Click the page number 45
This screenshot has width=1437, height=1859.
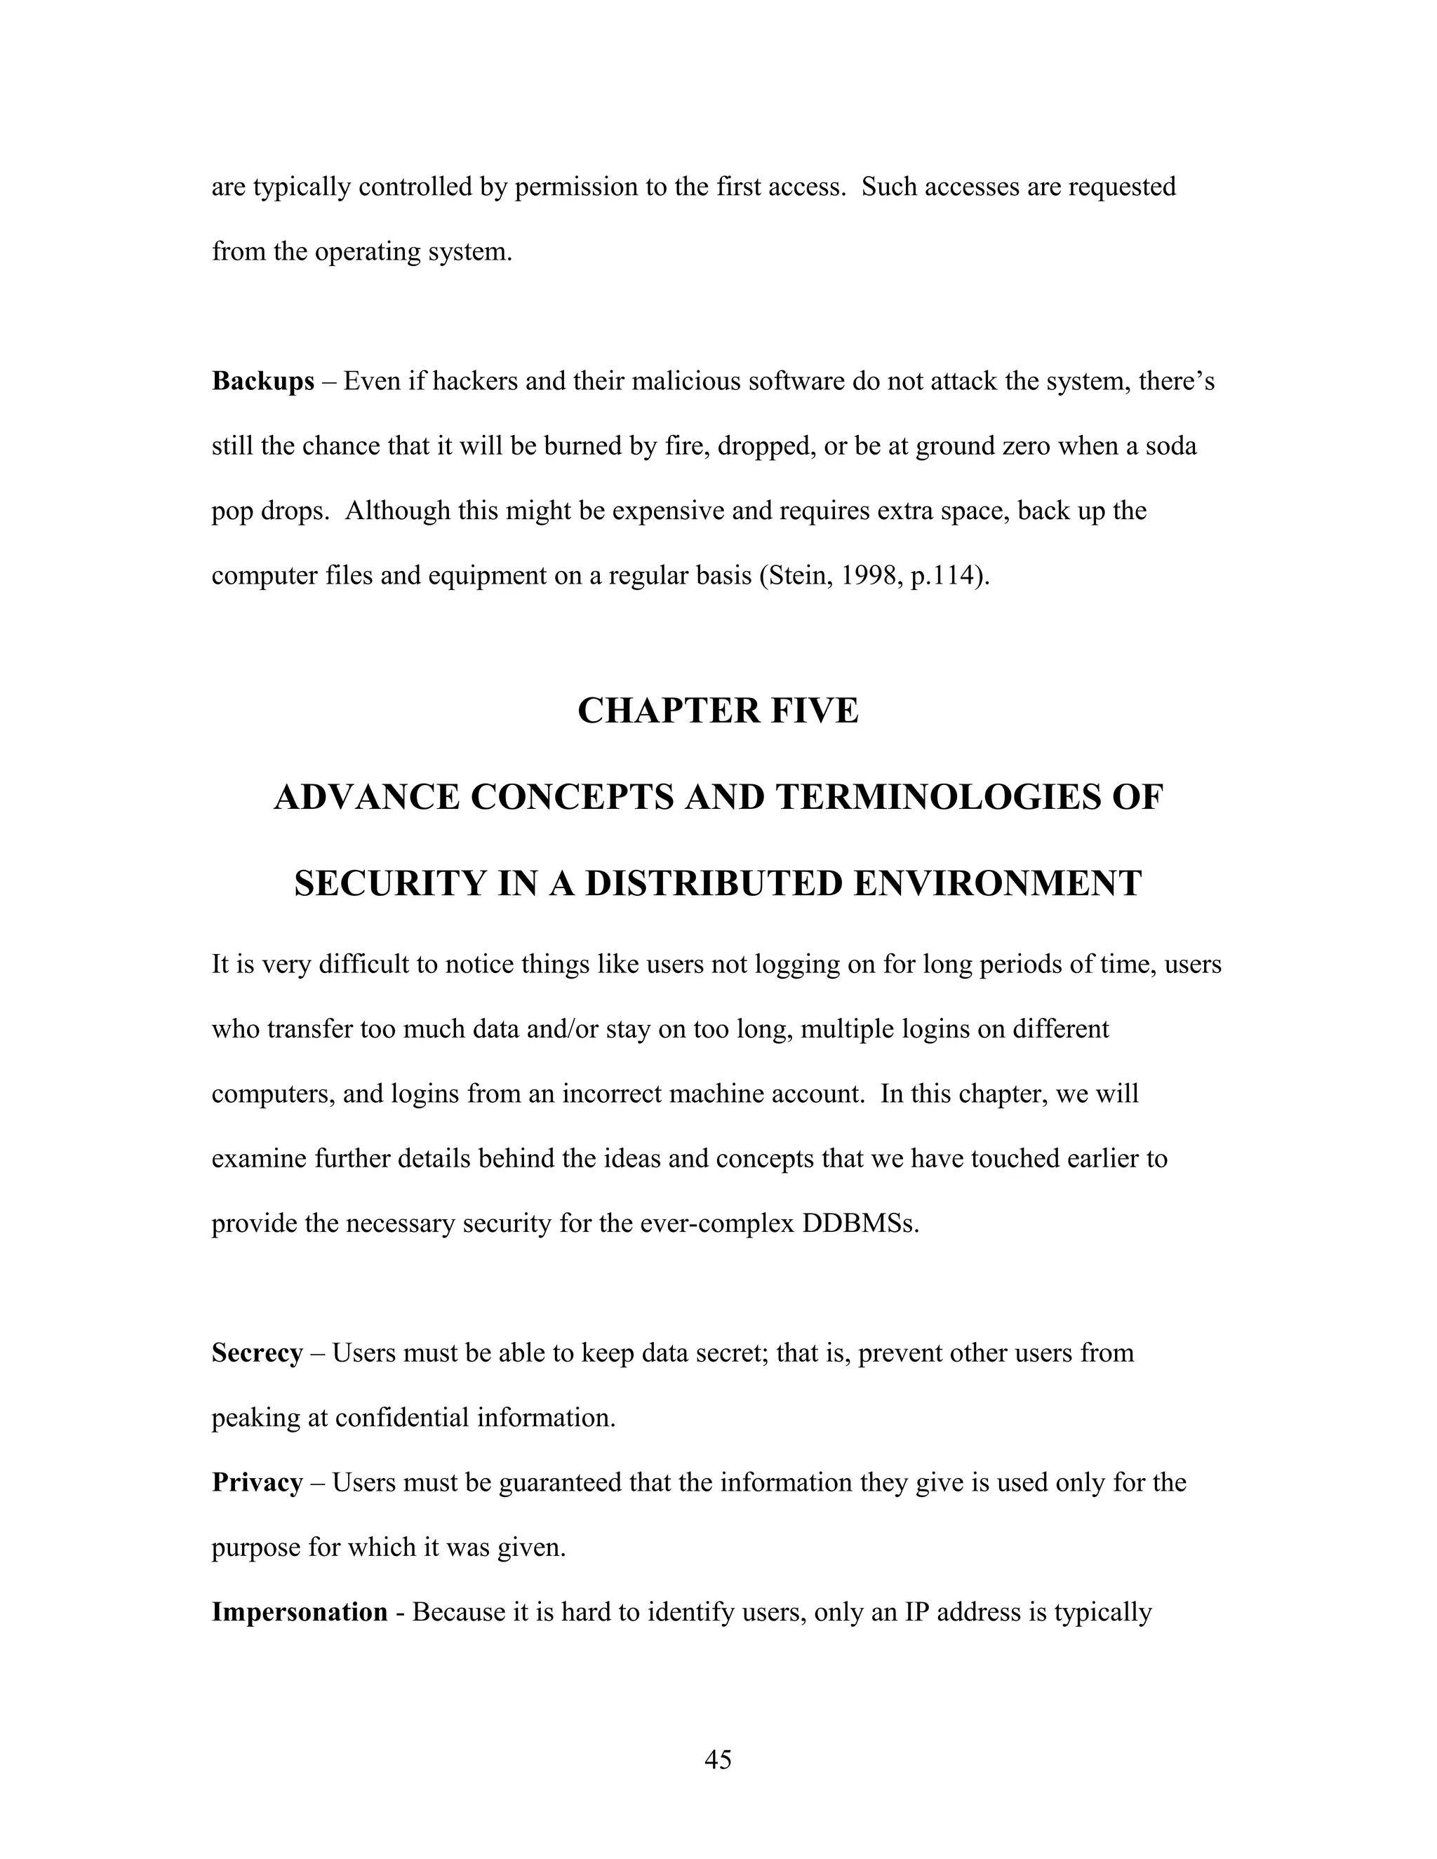pos(718,1759)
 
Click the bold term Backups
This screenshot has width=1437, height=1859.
pos(263,382)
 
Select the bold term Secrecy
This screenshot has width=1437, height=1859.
pos(257,1353)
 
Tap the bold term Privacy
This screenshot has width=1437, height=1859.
pos(257,1482)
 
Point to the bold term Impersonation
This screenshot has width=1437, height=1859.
pos(300,1611)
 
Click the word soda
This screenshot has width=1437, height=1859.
pos(1170,446)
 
